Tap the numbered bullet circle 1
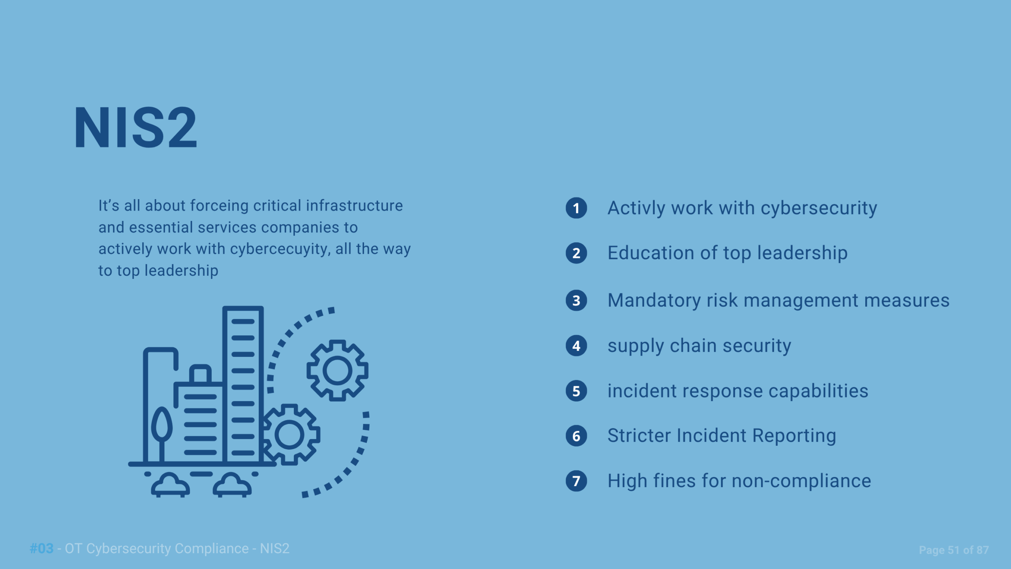[576, 208]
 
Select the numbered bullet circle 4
[576, 346]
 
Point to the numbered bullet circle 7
[576, 481]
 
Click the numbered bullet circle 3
[576, 301]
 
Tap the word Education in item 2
[651, 253]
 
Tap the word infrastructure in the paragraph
[354, 205]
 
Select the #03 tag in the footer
[41, 548]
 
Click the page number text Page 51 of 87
[954, 550]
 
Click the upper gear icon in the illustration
[338, 370]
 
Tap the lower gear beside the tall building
[290, 435]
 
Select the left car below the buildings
[170, 485]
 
